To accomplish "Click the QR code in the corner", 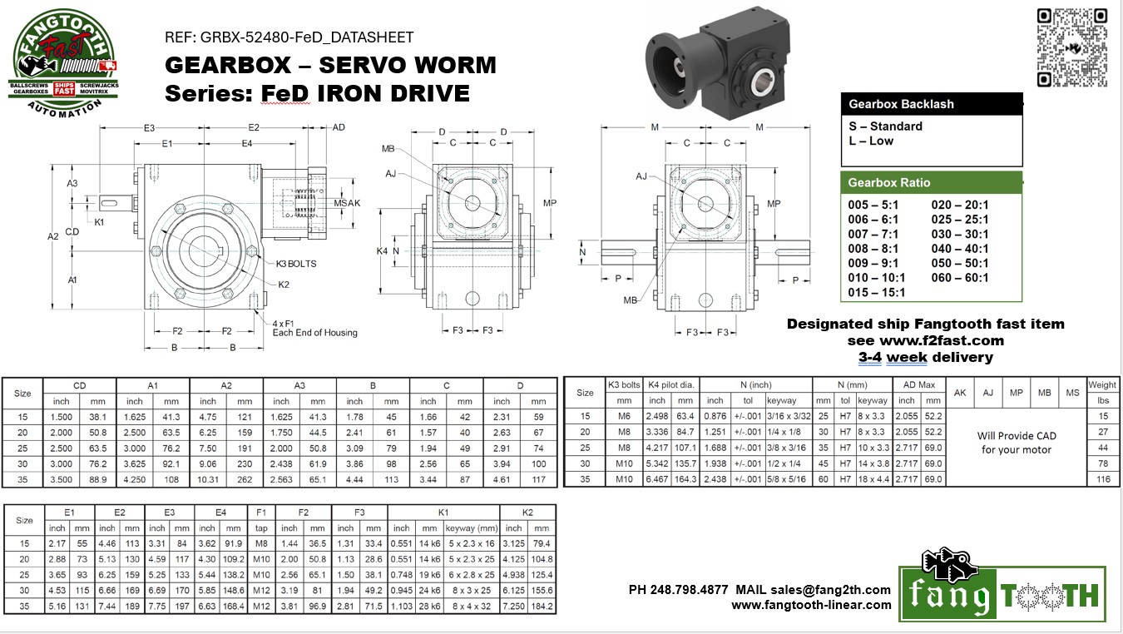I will (1071, 47).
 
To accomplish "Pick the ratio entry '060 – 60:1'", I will (960, 278).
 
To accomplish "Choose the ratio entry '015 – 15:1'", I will (877, 293).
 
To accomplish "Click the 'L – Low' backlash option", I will (870, 141).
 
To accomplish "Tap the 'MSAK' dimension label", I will (347, 203).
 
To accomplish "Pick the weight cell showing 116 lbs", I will (1102, 479).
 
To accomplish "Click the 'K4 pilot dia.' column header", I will (670, 384).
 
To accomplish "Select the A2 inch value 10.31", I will (208, 479).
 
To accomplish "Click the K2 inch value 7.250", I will (514, 607).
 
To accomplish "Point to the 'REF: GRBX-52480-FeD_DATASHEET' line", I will (289, 37).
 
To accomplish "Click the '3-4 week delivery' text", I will (925, 357).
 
